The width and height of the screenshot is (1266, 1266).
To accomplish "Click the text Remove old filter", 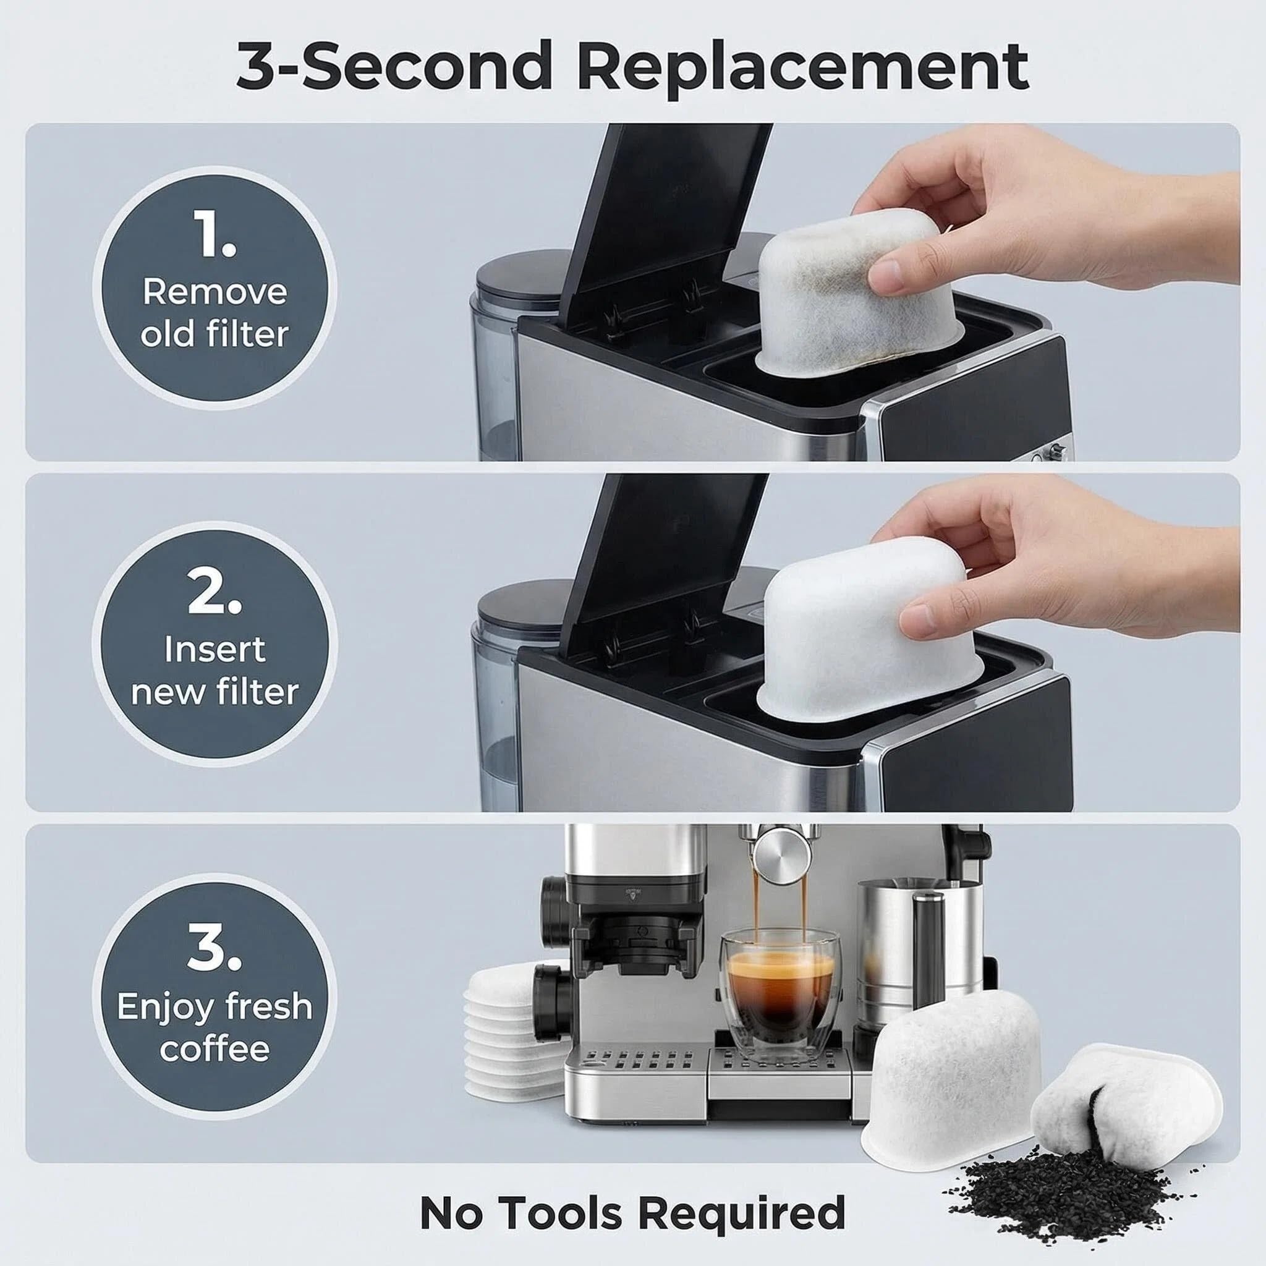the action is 215,313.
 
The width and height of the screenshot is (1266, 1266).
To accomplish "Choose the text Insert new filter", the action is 215,670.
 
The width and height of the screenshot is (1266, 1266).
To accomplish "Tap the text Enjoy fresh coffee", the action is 215,1027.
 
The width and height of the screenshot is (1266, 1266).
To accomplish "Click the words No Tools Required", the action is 633,1212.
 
